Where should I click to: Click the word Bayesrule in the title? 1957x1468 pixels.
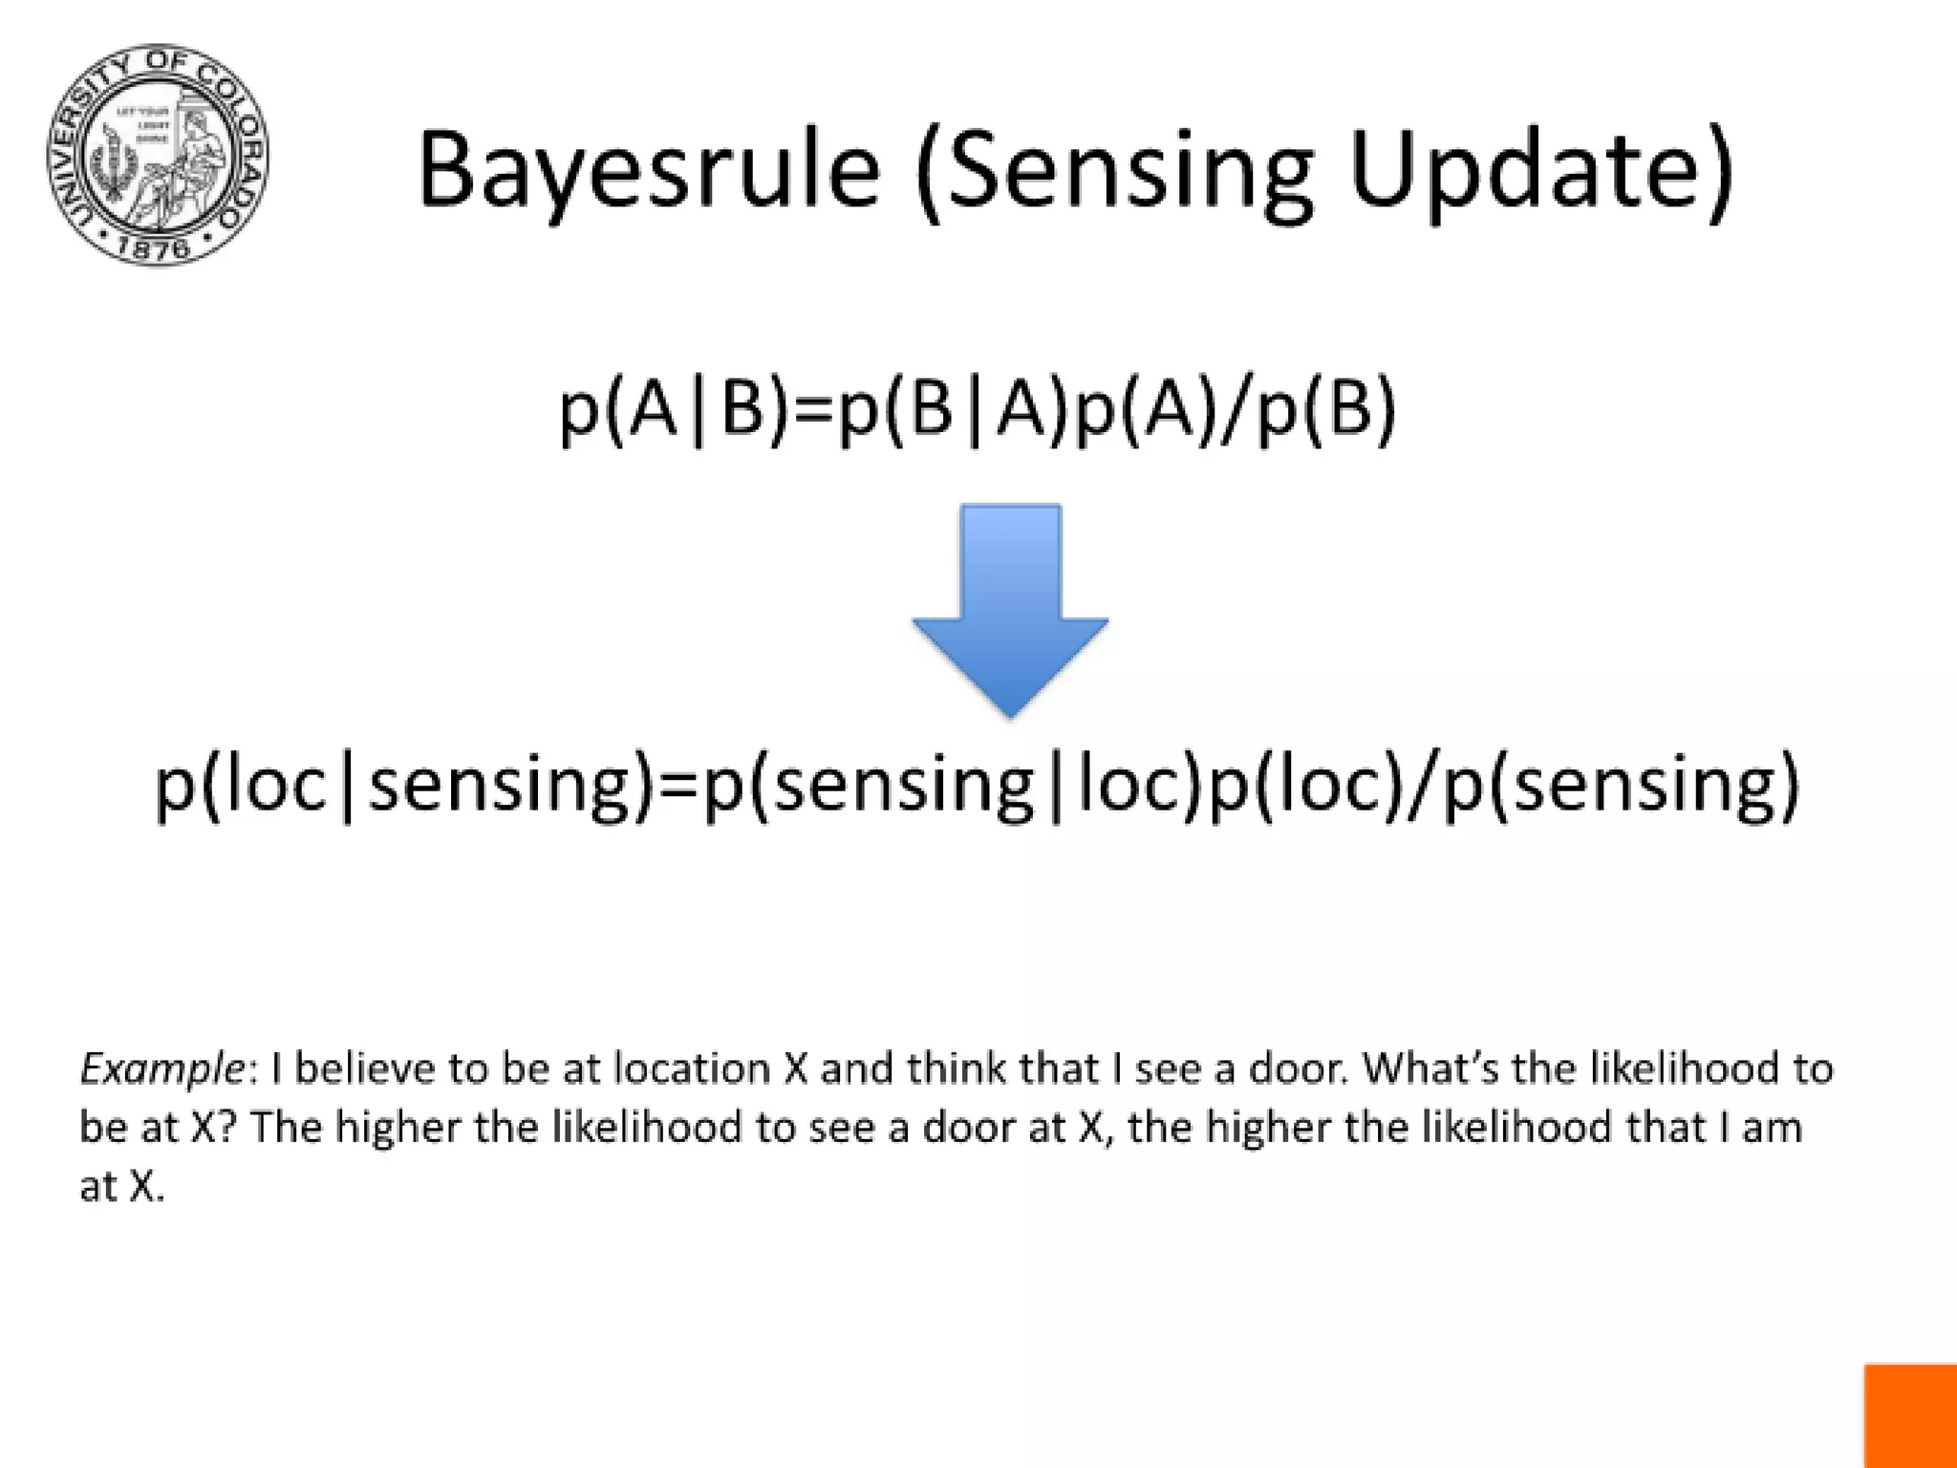[x=648, y=170]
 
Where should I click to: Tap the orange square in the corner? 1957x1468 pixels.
[x=1910, y=1415]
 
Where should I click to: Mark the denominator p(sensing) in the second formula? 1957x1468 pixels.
[x=1622, y=784]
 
